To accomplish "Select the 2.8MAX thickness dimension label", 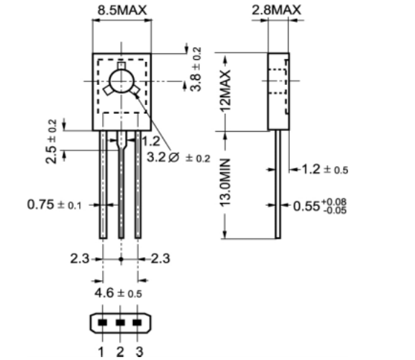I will [276, 10].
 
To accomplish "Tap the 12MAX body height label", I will [226, 89].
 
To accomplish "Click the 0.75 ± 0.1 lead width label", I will [55, 204].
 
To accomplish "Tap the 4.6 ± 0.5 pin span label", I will [120, 294].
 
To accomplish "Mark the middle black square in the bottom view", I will [120, 323].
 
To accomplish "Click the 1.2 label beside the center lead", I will [150, 141].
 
